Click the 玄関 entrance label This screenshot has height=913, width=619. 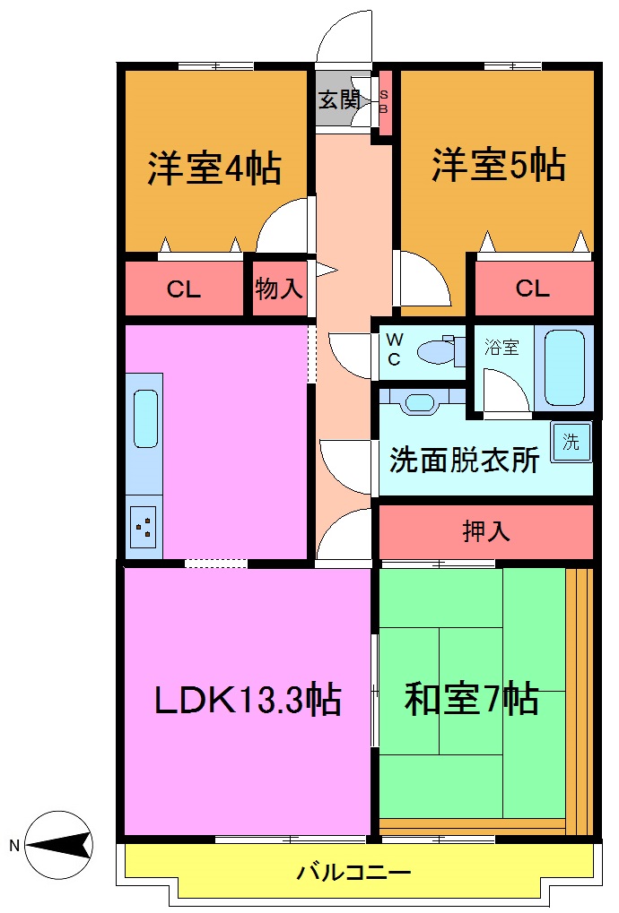(x=337, y=99)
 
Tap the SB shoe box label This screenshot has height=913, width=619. (x=384, y=101)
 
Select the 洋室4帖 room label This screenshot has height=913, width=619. (x=214, y=168)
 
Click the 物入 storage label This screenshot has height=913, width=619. (x=279, y=289)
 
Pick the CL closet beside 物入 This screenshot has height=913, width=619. (x=184, y=289)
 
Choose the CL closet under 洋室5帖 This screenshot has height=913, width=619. (x=532, y=289)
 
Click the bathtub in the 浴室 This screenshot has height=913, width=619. (x=565, y=367)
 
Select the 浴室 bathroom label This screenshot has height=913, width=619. (x=501, y=347)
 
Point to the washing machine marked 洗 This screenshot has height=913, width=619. (x=571, y=443)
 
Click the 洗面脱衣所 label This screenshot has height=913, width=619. (x=464, y=460)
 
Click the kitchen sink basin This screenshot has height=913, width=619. (x=145, y=418)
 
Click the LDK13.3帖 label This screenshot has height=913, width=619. (x=248, y=699)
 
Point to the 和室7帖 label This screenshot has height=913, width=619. (x=471, y=699)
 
